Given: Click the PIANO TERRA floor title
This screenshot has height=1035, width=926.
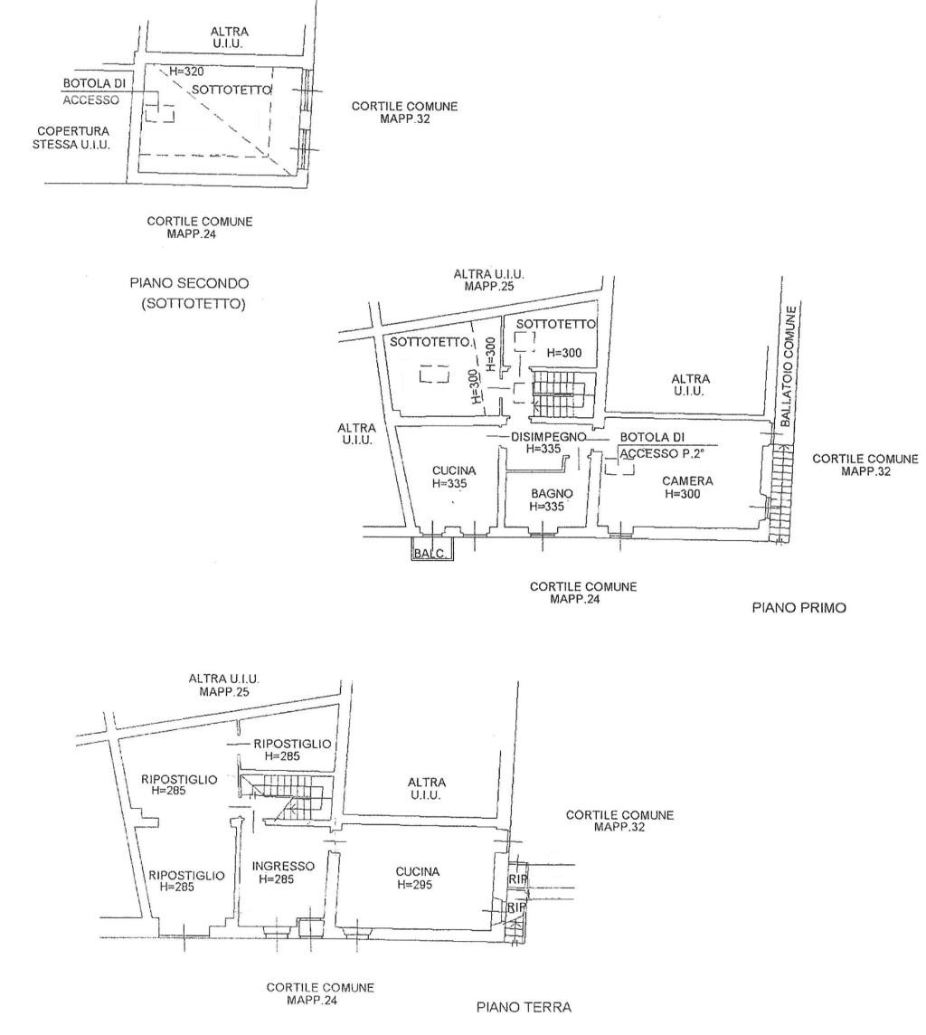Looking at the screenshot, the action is pyautogui.click(x=524, y=1007).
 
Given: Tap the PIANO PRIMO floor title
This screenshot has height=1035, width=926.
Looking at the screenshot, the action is pyautogui.click(x=798, y=607).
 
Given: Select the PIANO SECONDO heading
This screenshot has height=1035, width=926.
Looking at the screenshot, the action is pyautogui.click(x=189, y=283).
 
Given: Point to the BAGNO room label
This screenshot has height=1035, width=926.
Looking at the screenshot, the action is pyautogui.click(x=552, y=494).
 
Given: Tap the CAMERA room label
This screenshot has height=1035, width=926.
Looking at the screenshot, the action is pyautogui.click(x=687, y=481).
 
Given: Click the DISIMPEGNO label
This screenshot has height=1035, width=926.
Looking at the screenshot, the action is pyautogui.click(x=548, y=437).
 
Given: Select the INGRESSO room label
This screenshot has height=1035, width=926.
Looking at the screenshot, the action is pyautogui.click(x=284, y=866).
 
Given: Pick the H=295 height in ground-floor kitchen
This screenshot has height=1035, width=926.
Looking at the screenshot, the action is pyautogui.click(x=415, y=885).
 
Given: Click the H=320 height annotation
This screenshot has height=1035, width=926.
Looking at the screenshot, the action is pyautogui.click(x=186, y=71).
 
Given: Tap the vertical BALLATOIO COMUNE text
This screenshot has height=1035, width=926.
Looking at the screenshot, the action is pyautogui.click(x=791, y=366).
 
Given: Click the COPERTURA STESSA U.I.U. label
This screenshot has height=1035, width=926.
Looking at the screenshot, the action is pyautogui.click(x=71, y=138).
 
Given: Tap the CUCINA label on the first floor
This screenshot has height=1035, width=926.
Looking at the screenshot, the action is pyautogui.click(x=454, y=470).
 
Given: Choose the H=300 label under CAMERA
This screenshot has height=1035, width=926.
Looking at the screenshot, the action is pyautogui.click(x=682, y=494).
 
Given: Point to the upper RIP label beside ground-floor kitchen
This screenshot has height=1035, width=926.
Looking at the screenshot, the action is pyautogui.click(x=517, y=879).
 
